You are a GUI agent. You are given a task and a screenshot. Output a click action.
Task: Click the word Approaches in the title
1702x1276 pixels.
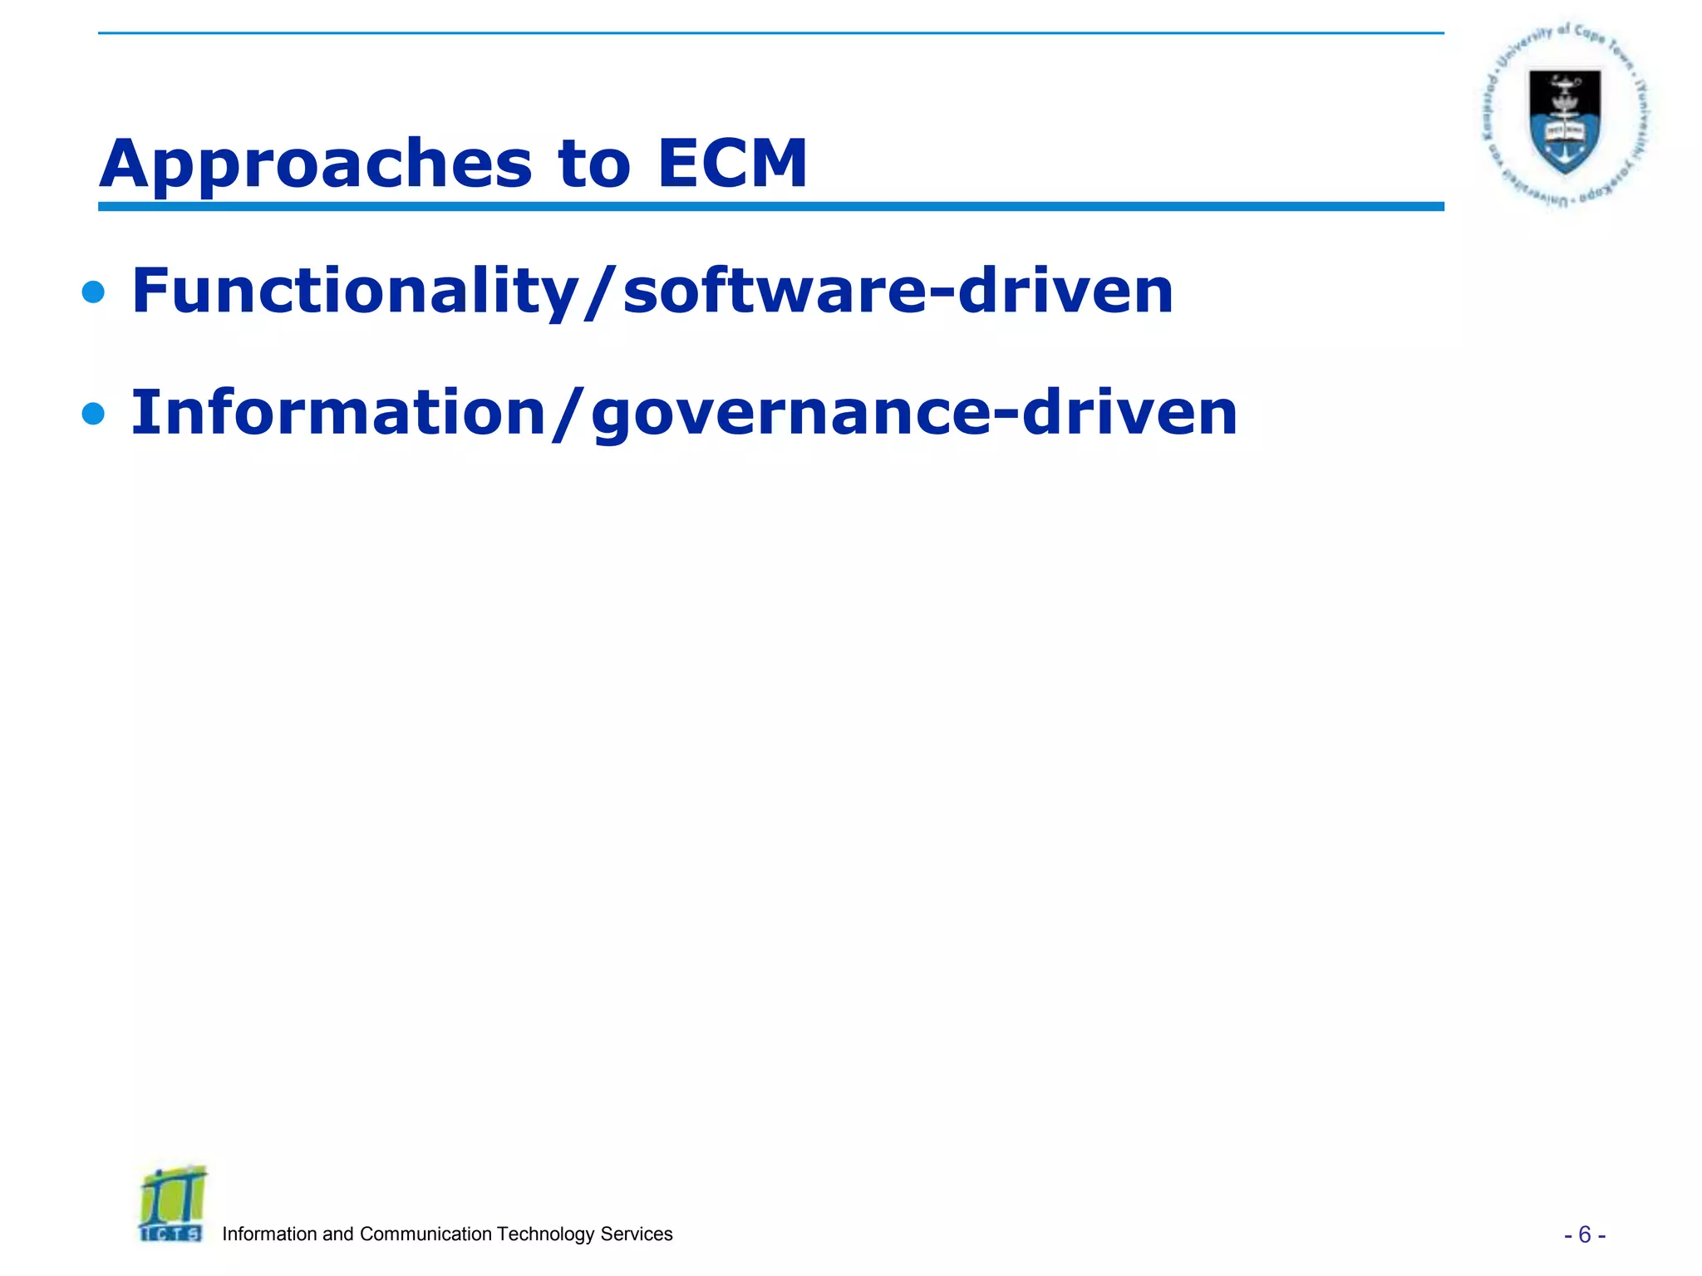[x=316, y=164]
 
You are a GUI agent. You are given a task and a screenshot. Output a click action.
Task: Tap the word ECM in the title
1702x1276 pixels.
[x=731, y=164]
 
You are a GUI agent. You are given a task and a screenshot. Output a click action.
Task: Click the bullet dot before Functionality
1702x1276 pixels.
[x=94, y=292]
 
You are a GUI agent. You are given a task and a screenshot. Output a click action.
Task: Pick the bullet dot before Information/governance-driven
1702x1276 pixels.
[x=94, y=414]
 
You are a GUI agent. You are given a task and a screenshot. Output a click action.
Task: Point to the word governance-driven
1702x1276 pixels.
[x=914, y=413]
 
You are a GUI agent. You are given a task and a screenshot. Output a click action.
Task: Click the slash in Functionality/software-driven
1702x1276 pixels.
[x=600, y=292]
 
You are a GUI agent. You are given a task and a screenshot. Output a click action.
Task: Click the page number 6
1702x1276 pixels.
[x=1584, y=1235]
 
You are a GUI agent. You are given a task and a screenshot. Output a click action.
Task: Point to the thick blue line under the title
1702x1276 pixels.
[x=770, y=206]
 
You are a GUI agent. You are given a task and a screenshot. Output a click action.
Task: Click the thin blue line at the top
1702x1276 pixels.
[x=770, y=33]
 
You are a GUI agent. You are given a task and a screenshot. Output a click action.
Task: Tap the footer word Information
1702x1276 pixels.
[x=270, y=1234]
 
